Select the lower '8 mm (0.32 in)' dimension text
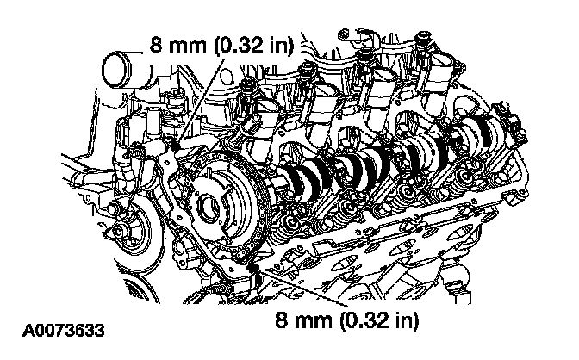(x=346, y=321)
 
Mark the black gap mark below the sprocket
(x=252, y=274)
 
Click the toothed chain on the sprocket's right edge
(x=258, y=215)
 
